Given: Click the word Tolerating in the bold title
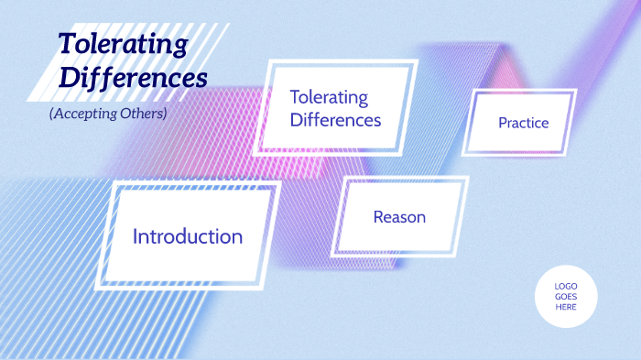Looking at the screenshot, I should pos(123,43).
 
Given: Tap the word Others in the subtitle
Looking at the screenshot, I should pos(140,114).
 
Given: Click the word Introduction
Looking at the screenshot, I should pos(188,236).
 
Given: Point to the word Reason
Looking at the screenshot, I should pos(399,217).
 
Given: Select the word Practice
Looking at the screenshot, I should pos(523,123).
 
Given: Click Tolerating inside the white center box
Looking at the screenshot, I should pos(329,97).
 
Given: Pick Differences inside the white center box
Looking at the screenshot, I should pos(335,119).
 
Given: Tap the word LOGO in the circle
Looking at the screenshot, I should pos(566,286).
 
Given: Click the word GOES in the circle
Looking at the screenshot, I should pos(566,296).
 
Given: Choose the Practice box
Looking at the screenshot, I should pos(519,142).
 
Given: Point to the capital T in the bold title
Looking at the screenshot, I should pos(67,43).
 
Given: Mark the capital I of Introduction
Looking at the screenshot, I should pos(136,236).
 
